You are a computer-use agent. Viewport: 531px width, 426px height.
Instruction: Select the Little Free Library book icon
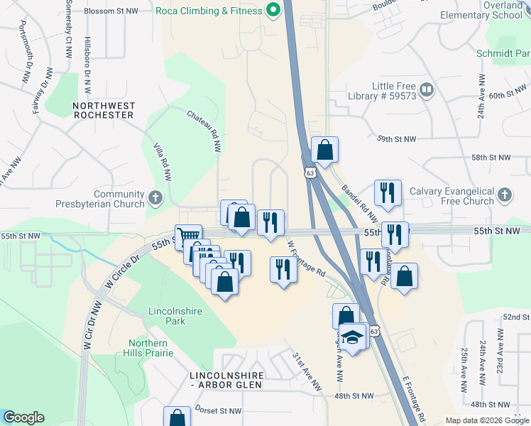427,90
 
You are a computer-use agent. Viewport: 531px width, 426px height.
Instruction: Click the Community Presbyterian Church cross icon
156,195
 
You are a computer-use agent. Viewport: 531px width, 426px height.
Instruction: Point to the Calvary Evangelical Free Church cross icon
504,195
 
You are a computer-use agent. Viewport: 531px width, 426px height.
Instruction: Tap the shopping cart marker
188,237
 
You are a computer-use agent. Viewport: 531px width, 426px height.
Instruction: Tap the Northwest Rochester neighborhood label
104,110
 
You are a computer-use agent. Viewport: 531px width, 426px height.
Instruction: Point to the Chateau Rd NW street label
204,131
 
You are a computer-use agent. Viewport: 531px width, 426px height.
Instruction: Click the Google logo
23,417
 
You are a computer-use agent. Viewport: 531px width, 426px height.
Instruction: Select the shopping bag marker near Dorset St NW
177,417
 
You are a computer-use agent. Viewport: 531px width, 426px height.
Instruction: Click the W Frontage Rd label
306,257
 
